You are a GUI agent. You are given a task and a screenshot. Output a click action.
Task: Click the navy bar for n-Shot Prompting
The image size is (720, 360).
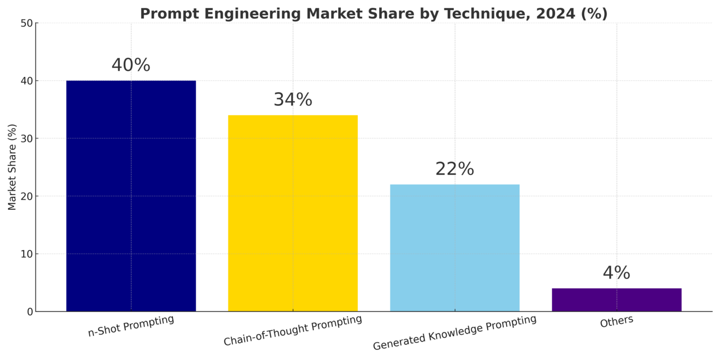131,196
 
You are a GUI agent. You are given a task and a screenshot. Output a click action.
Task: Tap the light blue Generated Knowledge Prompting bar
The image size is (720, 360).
454,247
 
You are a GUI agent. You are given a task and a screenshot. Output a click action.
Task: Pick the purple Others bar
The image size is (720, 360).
616,300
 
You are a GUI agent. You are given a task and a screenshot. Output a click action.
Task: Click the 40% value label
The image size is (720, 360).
131,65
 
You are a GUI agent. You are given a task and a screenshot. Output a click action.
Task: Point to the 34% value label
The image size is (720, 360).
292,100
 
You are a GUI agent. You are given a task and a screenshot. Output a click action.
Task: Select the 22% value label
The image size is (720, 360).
454,169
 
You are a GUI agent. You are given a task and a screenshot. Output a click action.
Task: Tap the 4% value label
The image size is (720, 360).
616,273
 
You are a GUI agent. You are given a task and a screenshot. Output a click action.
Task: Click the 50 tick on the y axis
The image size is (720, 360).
26,24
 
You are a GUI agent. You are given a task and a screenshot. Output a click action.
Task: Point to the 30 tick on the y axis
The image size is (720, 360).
26,138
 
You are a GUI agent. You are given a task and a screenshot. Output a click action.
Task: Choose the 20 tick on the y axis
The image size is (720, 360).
26,196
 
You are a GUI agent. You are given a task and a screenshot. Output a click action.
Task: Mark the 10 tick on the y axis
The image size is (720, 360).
26,254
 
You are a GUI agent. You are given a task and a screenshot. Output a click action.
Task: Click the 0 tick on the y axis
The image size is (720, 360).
30,312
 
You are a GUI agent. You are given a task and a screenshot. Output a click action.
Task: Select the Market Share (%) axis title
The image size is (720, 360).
12,167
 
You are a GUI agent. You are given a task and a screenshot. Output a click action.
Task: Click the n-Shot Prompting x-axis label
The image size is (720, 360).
131,326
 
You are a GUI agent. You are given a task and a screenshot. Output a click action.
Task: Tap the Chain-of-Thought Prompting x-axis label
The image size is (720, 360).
292,331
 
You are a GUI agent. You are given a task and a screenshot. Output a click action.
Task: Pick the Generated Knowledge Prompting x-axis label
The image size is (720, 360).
454,333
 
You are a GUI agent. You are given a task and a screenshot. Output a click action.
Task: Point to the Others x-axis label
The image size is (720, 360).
616,322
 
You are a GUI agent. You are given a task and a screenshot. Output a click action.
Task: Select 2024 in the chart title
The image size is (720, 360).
555,14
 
